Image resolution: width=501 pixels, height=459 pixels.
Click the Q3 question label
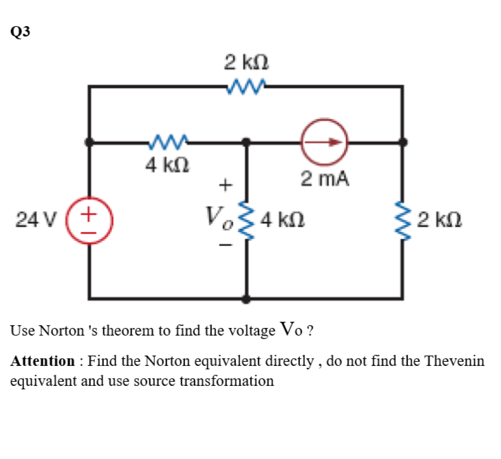point(21,31)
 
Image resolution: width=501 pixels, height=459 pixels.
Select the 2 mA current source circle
point(323,142)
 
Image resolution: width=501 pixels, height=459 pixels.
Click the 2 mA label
point(325,180)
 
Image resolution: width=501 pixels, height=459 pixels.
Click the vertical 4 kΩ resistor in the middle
point(246,221)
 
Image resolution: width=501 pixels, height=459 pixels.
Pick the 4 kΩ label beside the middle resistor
point(283,221)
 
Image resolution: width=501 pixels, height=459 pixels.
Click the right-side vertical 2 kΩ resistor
point(403,221)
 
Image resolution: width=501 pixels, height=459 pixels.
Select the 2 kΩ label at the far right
point(440,221)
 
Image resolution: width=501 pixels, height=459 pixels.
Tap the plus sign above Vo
point(222,185)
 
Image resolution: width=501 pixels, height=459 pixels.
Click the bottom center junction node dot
point(246,299)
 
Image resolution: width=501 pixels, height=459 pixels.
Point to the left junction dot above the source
point(89,142)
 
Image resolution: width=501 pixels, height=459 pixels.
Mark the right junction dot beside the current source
point(403,142)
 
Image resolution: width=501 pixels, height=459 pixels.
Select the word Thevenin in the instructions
point(454,361)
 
